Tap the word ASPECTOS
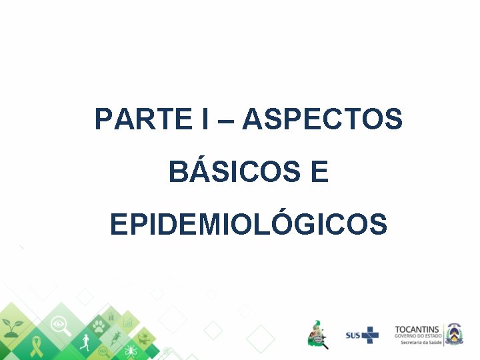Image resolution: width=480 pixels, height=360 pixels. (x=323, y=120)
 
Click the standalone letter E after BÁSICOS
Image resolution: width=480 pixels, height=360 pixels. (x=319, y=172)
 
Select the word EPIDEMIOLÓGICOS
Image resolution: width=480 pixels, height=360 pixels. (x=248, y=225)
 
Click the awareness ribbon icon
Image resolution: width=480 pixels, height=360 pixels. (x=35, y=346)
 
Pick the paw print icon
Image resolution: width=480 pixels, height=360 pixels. (x=99, y=326)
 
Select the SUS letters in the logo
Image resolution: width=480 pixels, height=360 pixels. (x=353, y=335)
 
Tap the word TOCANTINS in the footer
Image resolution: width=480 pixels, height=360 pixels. (x=417, y=329)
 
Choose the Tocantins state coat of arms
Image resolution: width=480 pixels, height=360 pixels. (x=454, y=333)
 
